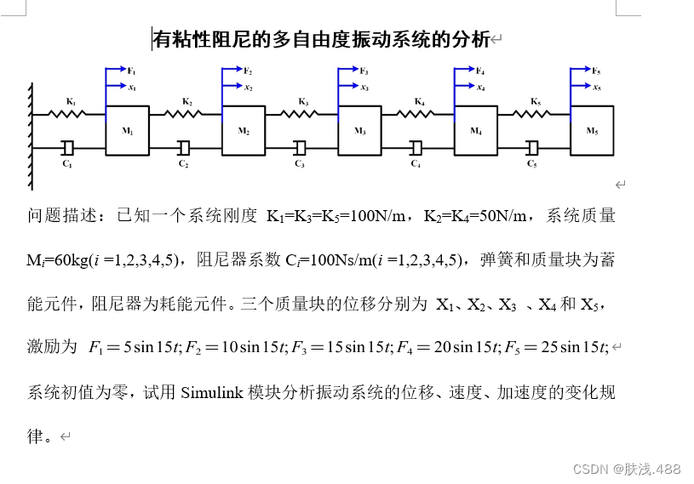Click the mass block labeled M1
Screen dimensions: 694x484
[x=128, y=130]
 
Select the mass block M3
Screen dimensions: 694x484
[x=360, y=130]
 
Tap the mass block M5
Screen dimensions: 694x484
[x=592, y=130]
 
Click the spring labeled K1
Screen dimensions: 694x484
[x=70, y=112]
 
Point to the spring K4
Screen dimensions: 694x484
[x=418, y=111]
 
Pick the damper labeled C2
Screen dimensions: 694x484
[x=184, y=148]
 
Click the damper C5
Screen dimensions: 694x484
[x=532, y=148]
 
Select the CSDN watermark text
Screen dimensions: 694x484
[x=626, y=469]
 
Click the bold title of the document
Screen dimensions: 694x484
[x=321, y=39]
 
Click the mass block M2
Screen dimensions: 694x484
[x=244, y=130]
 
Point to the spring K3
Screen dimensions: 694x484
[x=302, y=111]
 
